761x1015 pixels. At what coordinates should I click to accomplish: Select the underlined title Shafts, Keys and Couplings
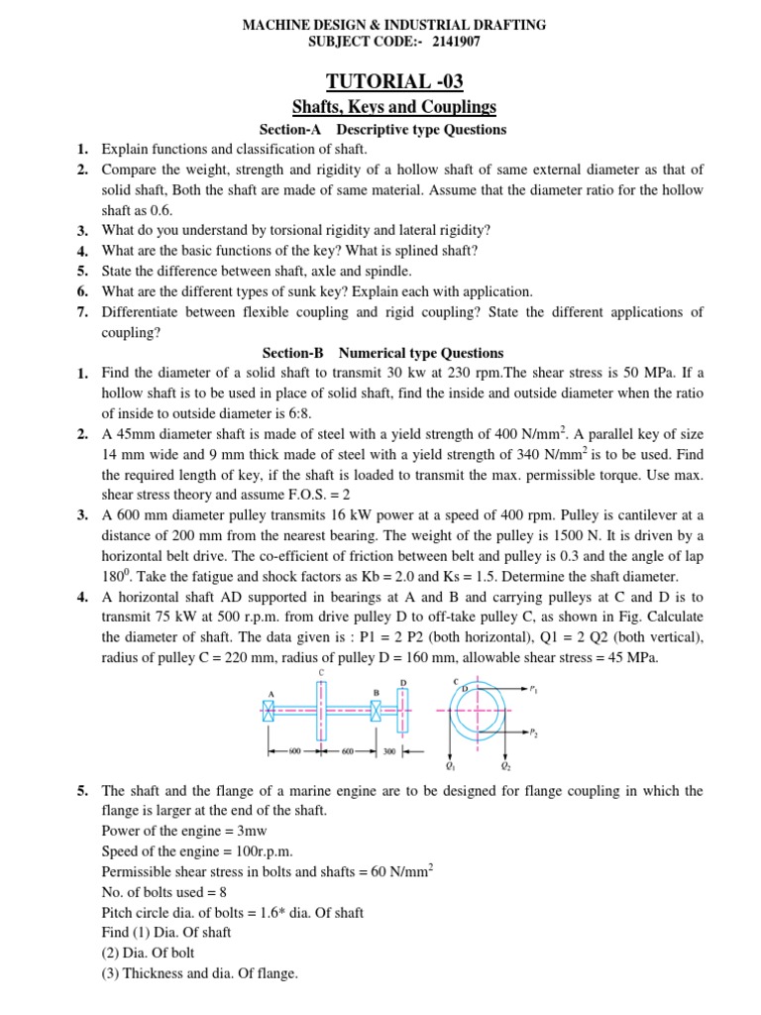(394, 107)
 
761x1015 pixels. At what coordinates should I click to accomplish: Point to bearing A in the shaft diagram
(269, 710)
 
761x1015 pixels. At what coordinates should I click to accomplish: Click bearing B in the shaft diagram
(377, 710)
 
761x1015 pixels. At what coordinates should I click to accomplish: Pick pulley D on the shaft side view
(403, 710)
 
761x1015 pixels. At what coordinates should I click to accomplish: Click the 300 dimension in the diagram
(389, 752)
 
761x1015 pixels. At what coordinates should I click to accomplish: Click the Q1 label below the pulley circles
(452, 766)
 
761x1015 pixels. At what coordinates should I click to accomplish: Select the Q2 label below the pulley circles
(505, 766)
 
